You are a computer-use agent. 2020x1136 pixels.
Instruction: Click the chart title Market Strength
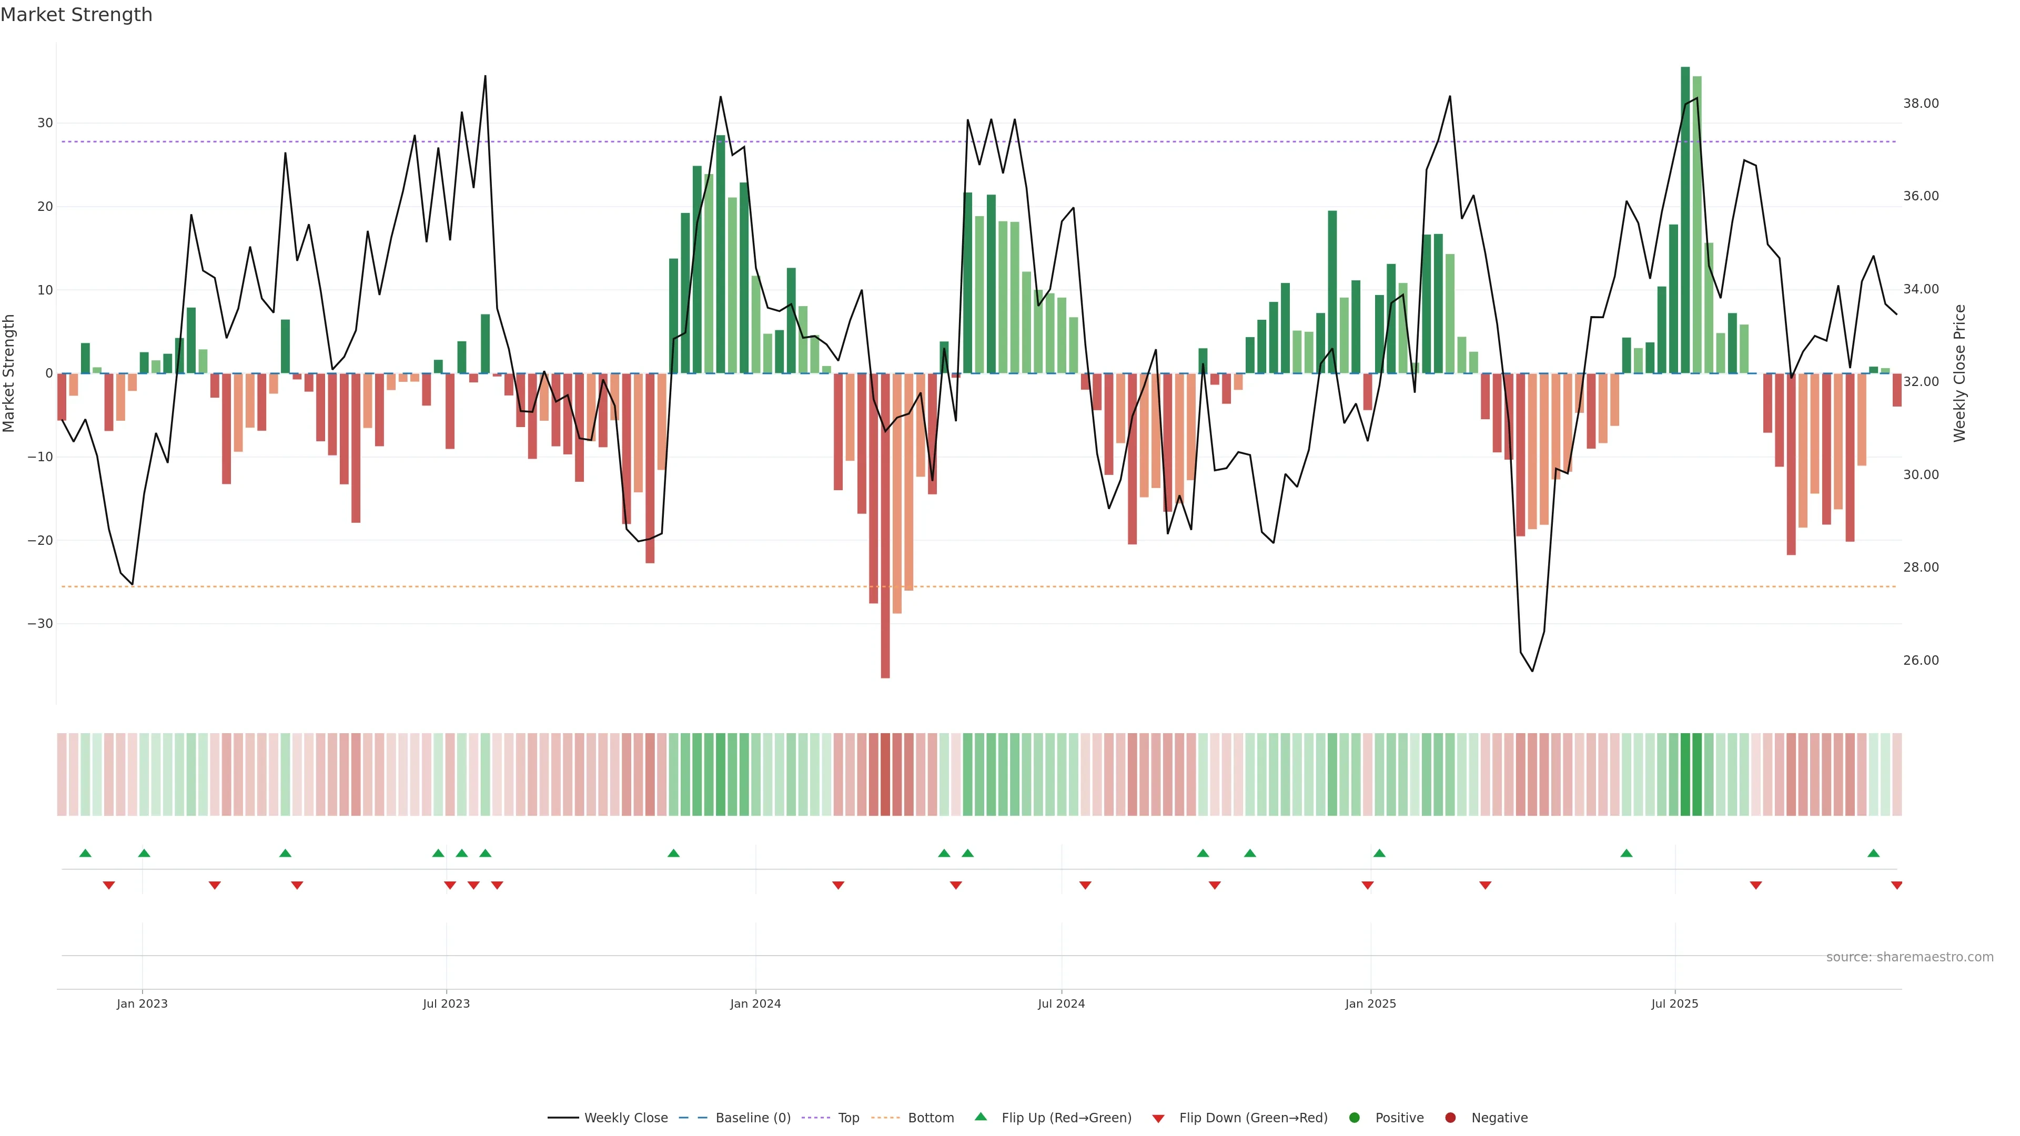coord(76,15)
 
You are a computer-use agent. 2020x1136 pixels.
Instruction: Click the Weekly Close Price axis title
coord(1959,373)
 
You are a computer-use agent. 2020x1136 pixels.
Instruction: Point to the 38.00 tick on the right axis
coord(1921,104)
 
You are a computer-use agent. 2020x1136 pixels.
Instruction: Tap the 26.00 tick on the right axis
coord(1921,660)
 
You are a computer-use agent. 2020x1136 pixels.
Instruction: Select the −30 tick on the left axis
coord(40,624)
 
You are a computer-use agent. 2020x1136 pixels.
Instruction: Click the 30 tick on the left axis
coord(45,123)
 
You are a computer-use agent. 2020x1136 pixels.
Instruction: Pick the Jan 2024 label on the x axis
coord(755,1003)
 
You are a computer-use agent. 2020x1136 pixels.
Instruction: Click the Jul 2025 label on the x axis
coord(1674,1003)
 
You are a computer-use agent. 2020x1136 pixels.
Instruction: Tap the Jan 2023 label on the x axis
coord(142,1003)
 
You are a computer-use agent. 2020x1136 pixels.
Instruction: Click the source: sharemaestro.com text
coord(1910,957)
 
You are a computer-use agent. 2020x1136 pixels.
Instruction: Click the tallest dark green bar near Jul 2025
coord(1685,219)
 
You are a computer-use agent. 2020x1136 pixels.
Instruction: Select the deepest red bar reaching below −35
coord(885,525)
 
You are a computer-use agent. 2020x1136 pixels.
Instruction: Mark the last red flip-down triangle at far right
coord(1896,885)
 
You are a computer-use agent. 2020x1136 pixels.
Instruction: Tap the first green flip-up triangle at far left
coord(85,853)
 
